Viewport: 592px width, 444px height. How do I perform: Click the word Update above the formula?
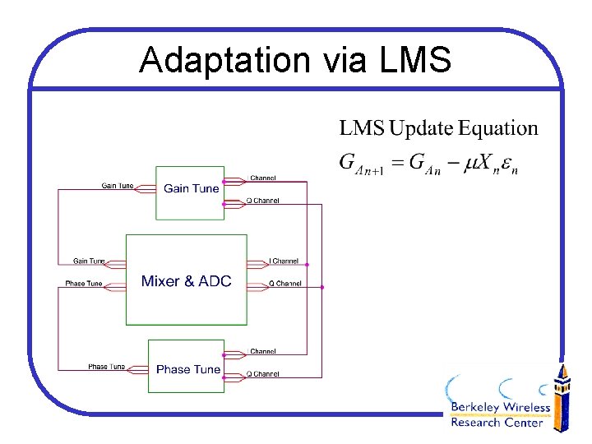tap(422, 128)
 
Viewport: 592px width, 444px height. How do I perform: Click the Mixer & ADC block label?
tap(186, 281)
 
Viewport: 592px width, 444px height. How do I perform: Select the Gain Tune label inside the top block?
tap(192, 188)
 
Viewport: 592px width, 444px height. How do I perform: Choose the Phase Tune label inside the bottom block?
tap(188, 369)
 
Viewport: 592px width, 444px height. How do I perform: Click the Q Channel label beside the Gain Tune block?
tap(263, 201)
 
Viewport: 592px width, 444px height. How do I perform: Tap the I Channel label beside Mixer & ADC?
tap(284, 261)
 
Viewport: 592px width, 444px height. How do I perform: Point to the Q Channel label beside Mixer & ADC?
tap(284, 284)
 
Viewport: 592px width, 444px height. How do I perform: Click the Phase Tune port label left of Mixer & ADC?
tap(84, 284)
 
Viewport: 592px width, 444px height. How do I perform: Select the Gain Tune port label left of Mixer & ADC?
tap(90, 261)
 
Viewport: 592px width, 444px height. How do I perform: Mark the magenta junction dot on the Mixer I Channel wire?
tap(308, 265)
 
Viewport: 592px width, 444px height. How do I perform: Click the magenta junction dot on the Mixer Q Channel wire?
tap(322, 287)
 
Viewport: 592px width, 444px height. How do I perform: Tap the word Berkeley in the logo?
tap(476, 409)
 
